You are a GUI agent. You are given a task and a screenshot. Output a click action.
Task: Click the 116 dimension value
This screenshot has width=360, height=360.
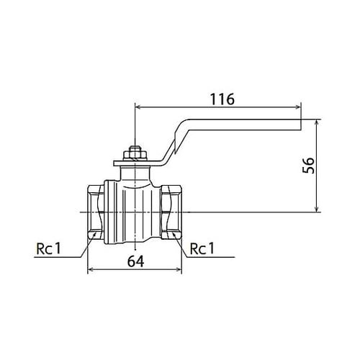point(222,99)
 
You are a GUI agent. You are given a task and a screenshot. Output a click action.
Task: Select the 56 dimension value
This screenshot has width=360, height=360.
point(308,166)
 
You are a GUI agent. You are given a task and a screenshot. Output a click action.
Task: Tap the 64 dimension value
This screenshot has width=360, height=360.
point(135,261)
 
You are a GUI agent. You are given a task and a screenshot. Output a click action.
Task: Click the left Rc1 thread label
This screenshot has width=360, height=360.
point(49,248)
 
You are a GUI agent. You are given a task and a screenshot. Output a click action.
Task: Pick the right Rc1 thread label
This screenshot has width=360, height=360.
point(202,248)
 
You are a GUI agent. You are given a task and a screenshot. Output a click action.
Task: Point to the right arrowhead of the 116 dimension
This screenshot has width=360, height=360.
point(298,107)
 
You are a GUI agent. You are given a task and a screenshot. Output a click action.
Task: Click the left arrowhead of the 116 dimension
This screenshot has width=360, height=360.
point(138,107)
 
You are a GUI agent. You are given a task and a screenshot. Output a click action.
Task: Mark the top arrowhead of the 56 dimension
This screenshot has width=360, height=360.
point(317,122)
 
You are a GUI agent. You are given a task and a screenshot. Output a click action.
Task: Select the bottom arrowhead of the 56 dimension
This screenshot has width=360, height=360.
point(317,209)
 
